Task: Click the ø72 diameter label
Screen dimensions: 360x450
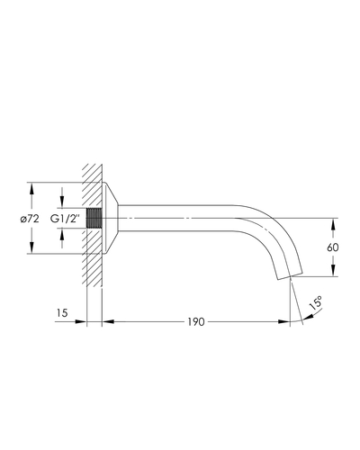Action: coord(30,220)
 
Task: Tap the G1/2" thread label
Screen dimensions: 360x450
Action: coord(65,219)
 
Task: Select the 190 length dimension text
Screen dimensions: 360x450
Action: coord(196,322)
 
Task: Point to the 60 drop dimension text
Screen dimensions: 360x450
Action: coord(333,247)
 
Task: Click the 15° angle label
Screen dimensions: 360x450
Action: coord(316,302)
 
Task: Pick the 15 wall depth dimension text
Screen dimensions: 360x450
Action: coord(62,313)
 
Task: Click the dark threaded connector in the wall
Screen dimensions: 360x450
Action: coord(94,218)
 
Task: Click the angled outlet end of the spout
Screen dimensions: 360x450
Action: coord(290,276)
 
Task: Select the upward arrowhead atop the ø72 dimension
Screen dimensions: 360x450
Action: coord(31,188)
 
